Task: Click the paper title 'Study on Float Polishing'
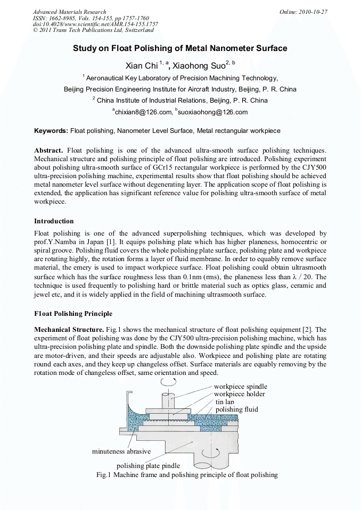(x=180, y=48)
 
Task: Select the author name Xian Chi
(x=141, y=66)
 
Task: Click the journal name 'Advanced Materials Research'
(x=70, y=11)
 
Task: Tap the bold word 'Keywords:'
(x=51, y=130)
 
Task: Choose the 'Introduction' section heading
(x=54, y=221)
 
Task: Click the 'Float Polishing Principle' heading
(x=73, y=313)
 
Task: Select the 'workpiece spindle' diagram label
(x=241, y=386)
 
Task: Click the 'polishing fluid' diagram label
(x=236, y=409)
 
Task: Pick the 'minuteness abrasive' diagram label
(x=121, y=452)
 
